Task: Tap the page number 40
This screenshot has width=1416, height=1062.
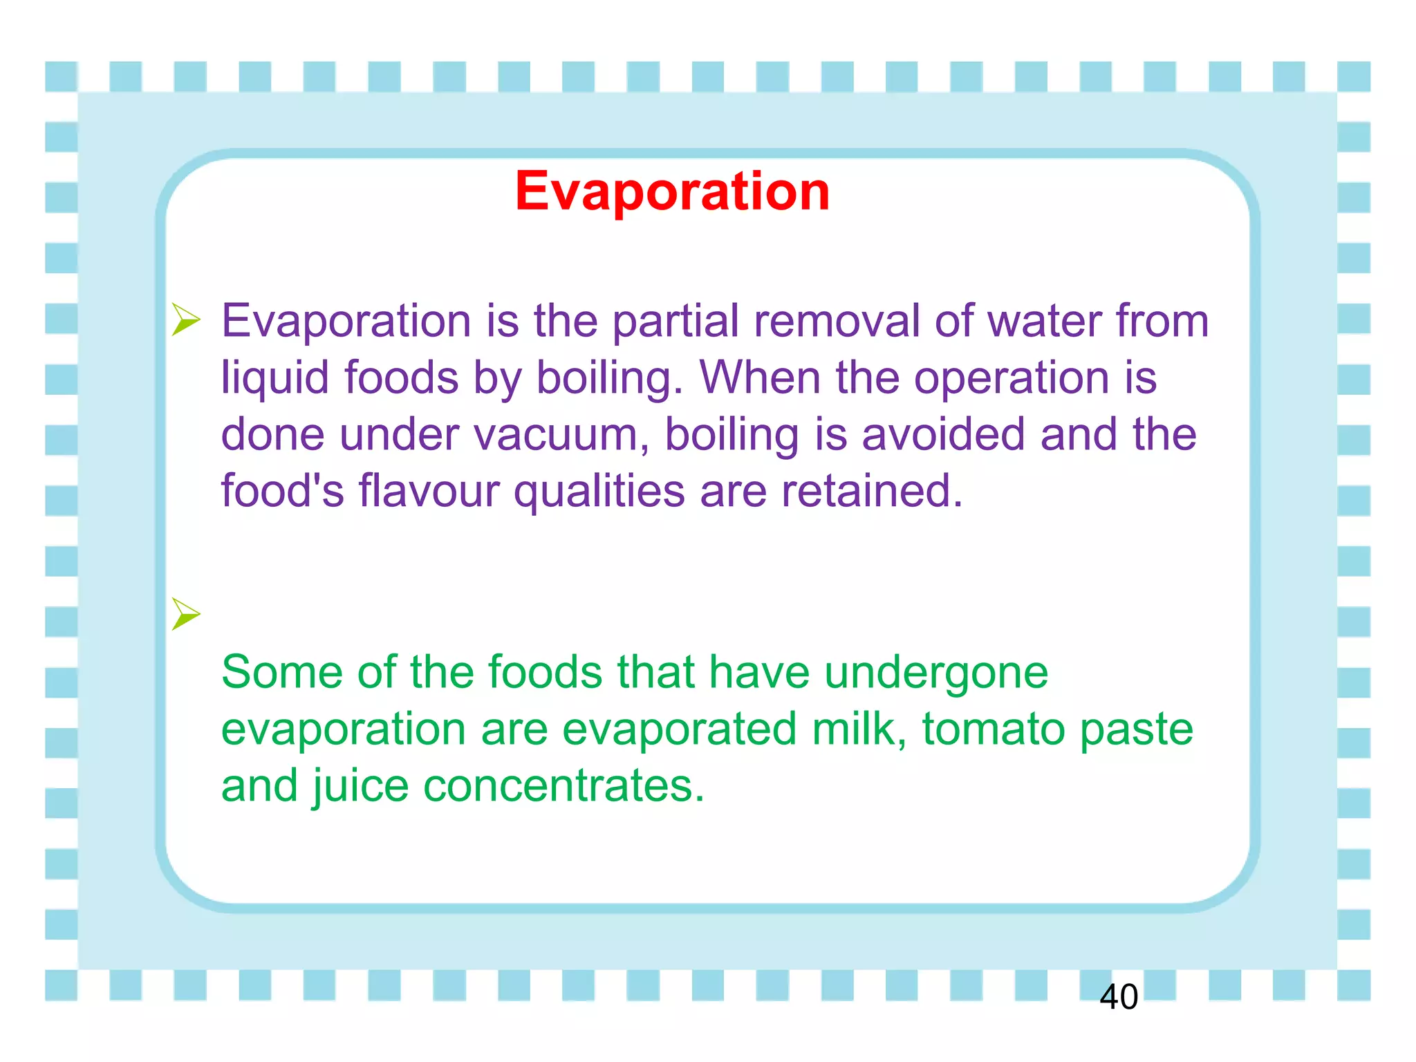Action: pos(1118,997)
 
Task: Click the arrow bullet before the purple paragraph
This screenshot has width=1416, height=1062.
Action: pos(185,320)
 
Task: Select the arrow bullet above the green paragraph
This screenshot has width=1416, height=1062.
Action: pos(185,614)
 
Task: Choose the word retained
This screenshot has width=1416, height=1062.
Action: pos(872,491)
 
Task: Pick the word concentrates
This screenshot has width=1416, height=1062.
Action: pos(563,787)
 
